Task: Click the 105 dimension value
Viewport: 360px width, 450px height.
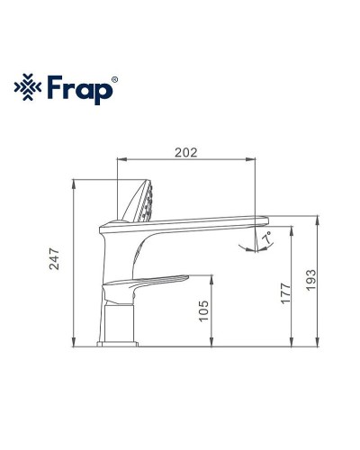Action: [202, 311]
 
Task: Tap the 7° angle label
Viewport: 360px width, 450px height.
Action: [265, 237]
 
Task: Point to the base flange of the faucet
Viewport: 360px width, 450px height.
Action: [117, 341]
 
